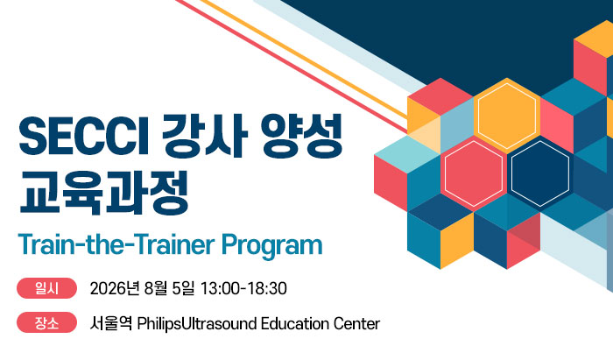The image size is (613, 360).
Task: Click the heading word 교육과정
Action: point(105,193)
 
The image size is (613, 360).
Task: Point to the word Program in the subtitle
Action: point(271,246)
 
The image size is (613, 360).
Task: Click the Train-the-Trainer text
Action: point(116,244)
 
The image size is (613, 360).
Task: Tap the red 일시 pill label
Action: point(46,288)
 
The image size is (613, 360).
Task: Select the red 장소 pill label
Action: point(46,323)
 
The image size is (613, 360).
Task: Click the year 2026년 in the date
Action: point(115,288)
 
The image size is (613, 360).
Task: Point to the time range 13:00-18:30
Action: point(243,288)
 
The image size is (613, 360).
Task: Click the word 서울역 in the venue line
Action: point(111,323)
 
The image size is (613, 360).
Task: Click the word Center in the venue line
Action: point(356,324)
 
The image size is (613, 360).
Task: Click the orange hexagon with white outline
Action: point(507,116)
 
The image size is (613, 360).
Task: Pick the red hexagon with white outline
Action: point(474,173)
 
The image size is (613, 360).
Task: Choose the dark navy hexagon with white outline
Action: point(540,173)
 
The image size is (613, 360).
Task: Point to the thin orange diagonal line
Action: point(304,59)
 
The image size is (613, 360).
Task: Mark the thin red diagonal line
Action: point(292,66)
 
